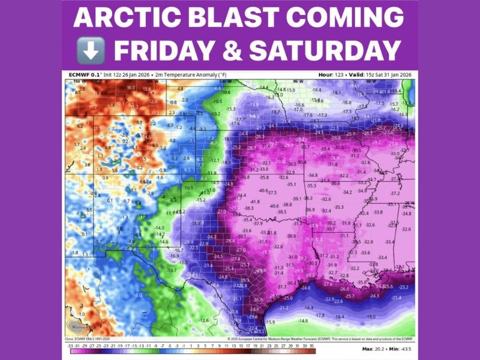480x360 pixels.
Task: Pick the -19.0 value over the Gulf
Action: (x=371, y=317)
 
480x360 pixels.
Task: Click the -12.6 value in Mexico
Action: (x=204, y=320)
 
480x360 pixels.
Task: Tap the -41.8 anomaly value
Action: (x=255, y=202)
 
